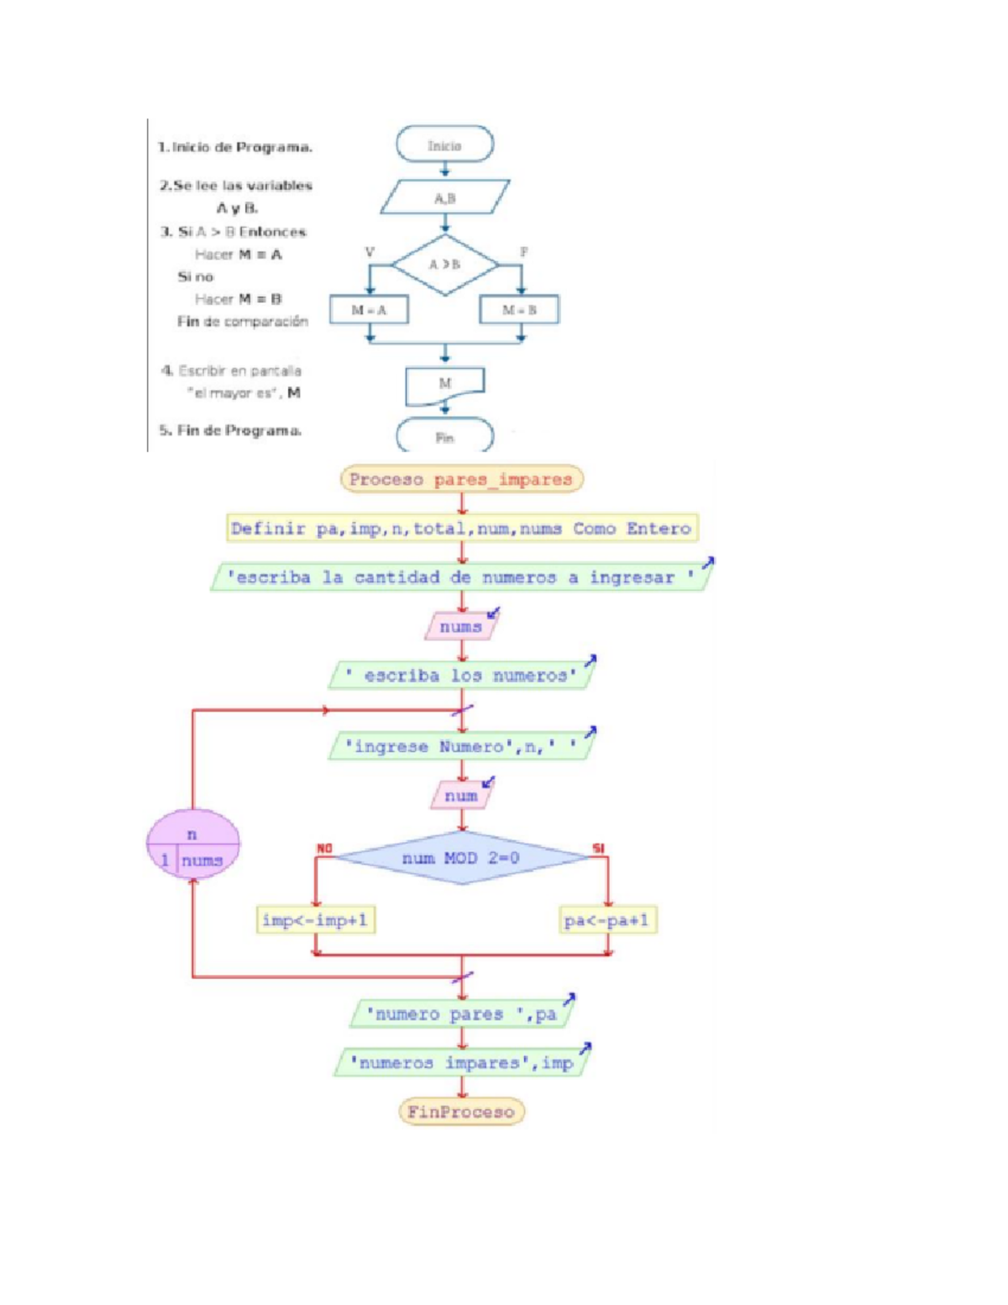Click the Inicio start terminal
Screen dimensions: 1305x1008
coord(444,145)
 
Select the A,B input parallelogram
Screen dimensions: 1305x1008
coord(444,198)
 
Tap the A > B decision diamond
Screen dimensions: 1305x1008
coord(444,264)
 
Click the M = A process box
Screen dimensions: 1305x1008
coord(369,310)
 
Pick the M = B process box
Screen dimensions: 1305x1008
coord(519,310)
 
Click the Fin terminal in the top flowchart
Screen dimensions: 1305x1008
coord(444,437)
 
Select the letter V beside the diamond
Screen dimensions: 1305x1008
coord(369,252)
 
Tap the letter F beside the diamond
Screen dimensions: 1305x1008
coord(523,252)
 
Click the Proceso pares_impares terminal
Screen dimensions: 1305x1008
coord(461,479)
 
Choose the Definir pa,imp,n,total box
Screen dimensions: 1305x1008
coord(461,529)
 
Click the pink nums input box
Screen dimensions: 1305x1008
coord(460,627)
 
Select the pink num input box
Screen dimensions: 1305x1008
coord(460,796)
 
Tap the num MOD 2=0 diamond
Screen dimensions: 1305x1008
coord(461,858)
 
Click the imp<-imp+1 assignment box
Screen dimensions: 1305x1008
coord(315,920)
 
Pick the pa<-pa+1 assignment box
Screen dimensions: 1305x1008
coord(607,920)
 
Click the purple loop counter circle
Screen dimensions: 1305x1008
coord(193,844)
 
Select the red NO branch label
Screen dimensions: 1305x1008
coord(324,849)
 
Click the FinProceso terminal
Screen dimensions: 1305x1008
coord(461,1112)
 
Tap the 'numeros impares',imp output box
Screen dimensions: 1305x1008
coord(461,1063)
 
